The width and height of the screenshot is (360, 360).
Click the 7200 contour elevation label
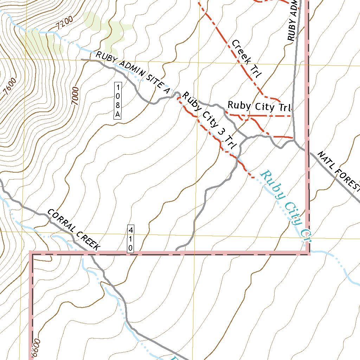(x=64, y=22)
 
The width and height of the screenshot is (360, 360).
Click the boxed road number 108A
(x=118, y=101)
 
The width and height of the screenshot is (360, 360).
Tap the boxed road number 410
(x=130, y=239)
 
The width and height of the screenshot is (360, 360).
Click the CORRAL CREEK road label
(x=74, y=230)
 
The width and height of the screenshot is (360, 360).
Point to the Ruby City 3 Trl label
(x=210, y=120)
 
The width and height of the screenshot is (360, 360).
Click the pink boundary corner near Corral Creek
(x=31, y=253)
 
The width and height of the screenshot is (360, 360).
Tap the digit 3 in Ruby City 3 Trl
(x=221, y=131)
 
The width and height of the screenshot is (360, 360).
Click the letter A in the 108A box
(x=118, y=114)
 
